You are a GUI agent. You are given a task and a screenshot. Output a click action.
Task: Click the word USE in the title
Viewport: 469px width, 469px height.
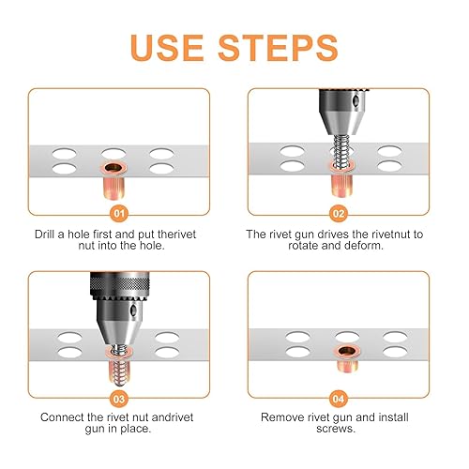[x=167, y=48]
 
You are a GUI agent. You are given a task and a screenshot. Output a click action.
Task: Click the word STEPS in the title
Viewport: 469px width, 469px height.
[x=279, y=48]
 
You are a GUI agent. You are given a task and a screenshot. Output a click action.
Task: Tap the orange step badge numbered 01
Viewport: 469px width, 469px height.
[x=119, y=214]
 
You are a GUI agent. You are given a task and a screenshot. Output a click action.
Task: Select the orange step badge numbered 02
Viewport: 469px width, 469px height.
[x=339, y=214]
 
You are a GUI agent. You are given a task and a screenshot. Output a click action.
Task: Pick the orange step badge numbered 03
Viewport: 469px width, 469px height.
[x=119, y=399]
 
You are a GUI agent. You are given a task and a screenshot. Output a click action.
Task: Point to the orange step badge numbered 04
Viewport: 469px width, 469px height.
[x=339, y=399]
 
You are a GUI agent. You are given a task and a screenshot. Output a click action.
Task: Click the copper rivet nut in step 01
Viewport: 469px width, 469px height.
[x=113, y=180]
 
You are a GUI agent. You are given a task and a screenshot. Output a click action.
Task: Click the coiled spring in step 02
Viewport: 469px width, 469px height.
[x=340, y=151]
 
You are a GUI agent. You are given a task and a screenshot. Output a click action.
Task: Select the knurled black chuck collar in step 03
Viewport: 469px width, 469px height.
[x=119, y=284]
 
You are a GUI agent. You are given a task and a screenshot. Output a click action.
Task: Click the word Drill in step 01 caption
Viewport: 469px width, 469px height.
[x=45, y=234]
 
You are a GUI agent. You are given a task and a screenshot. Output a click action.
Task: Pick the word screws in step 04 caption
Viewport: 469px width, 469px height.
[x=335, y=429]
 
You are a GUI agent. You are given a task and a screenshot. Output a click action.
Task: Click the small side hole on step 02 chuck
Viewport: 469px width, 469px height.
[x=356, y=100]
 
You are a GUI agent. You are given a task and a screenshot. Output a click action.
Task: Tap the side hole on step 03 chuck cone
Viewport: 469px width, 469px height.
[x=133, y=310]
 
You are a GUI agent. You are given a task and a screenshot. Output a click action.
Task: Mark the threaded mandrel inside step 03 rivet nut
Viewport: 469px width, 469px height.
[x=119, y=364]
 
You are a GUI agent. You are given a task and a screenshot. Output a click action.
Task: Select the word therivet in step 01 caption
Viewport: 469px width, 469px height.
[x=176, y=234]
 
